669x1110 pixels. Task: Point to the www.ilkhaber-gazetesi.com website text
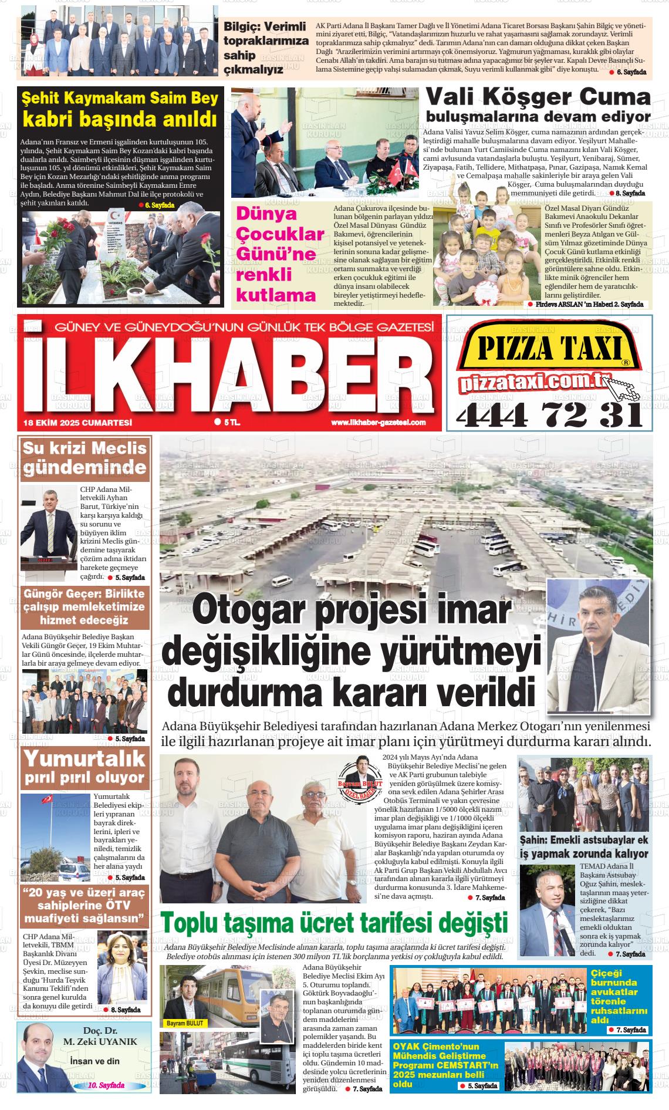378,423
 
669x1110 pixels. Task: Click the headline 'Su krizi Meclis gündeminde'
85,458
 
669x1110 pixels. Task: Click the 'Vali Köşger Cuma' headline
538,96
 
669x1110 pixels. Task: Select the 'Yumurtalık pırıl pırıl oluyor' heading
85,767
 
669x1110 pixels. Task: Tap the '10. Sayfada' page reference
106,1085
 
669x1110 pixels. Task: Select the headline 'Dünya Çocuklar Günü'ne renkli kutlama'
280,254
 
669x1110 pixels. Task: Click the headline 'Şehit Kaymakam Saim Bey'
120,97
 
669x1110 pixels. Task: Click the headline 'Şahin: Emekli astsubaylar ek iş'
584,846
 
